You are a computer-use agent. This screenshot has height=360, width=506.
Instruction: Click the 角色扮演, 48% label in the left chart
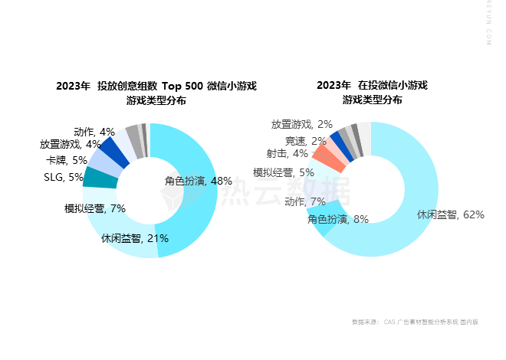pos(199,182)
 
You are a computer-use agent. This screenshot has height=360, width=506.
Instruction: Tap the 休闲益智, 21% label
pos(135,238)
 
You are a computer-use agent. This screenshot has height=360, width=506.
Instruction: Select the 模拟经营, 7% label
pos(95,208)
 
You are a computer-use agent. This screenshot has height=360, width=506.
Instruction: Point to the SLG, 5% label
pos(64,177)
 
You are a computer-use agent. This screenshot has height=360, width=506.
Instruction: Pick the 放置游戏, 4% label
pos(71,144)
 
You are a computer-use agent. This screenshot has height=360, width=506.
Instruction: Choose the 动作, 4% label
pos(94,132)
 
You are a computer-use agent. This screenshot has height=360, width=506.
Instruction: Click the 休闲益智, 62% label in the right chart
pos(450,214)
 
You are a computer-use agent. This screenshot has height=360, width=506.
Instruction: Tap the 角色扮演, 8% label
pos(338,219)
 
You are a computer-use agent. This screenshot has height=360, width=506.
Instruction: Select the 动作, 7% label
pos(305,201)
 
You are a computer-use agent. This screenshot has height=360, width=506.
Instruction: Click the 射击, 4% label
pos(287,154)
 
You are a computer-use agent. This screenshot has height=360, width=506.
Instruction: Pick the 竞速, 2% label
pos(306,141)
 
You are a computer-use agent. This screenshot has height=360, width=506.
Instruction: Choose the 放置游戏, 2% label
pos(302,124)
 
